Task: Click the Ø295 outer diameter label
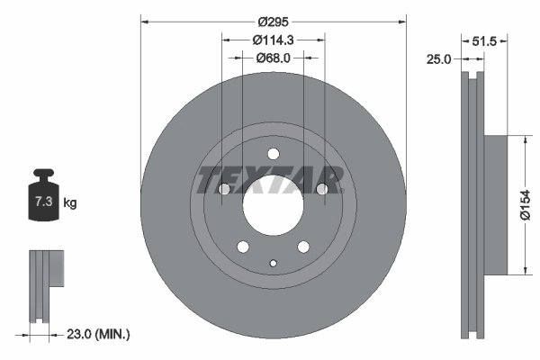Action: [274, 21]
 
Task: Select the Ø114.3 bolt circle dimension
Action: [274, 40]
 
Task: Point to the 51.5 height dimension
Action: [485, 40]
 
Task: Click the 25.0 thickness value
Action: [438, 58]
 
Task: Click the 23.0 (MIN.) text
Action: [100, 334]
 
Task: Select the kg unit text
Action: [70, 203]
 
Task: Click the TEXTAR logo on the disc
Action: [270, 179]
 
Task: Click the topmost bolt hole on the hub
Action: [273, 152]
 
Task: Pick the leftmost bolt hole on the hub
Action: [225, 189]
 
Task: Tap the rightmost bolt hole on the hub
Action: [321, 189]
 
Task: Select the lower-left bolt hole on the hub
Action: [243, 246]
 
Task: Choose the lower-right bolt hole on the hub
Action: [303, 246]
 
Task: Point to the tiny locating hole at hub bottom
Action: [273, 263]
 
